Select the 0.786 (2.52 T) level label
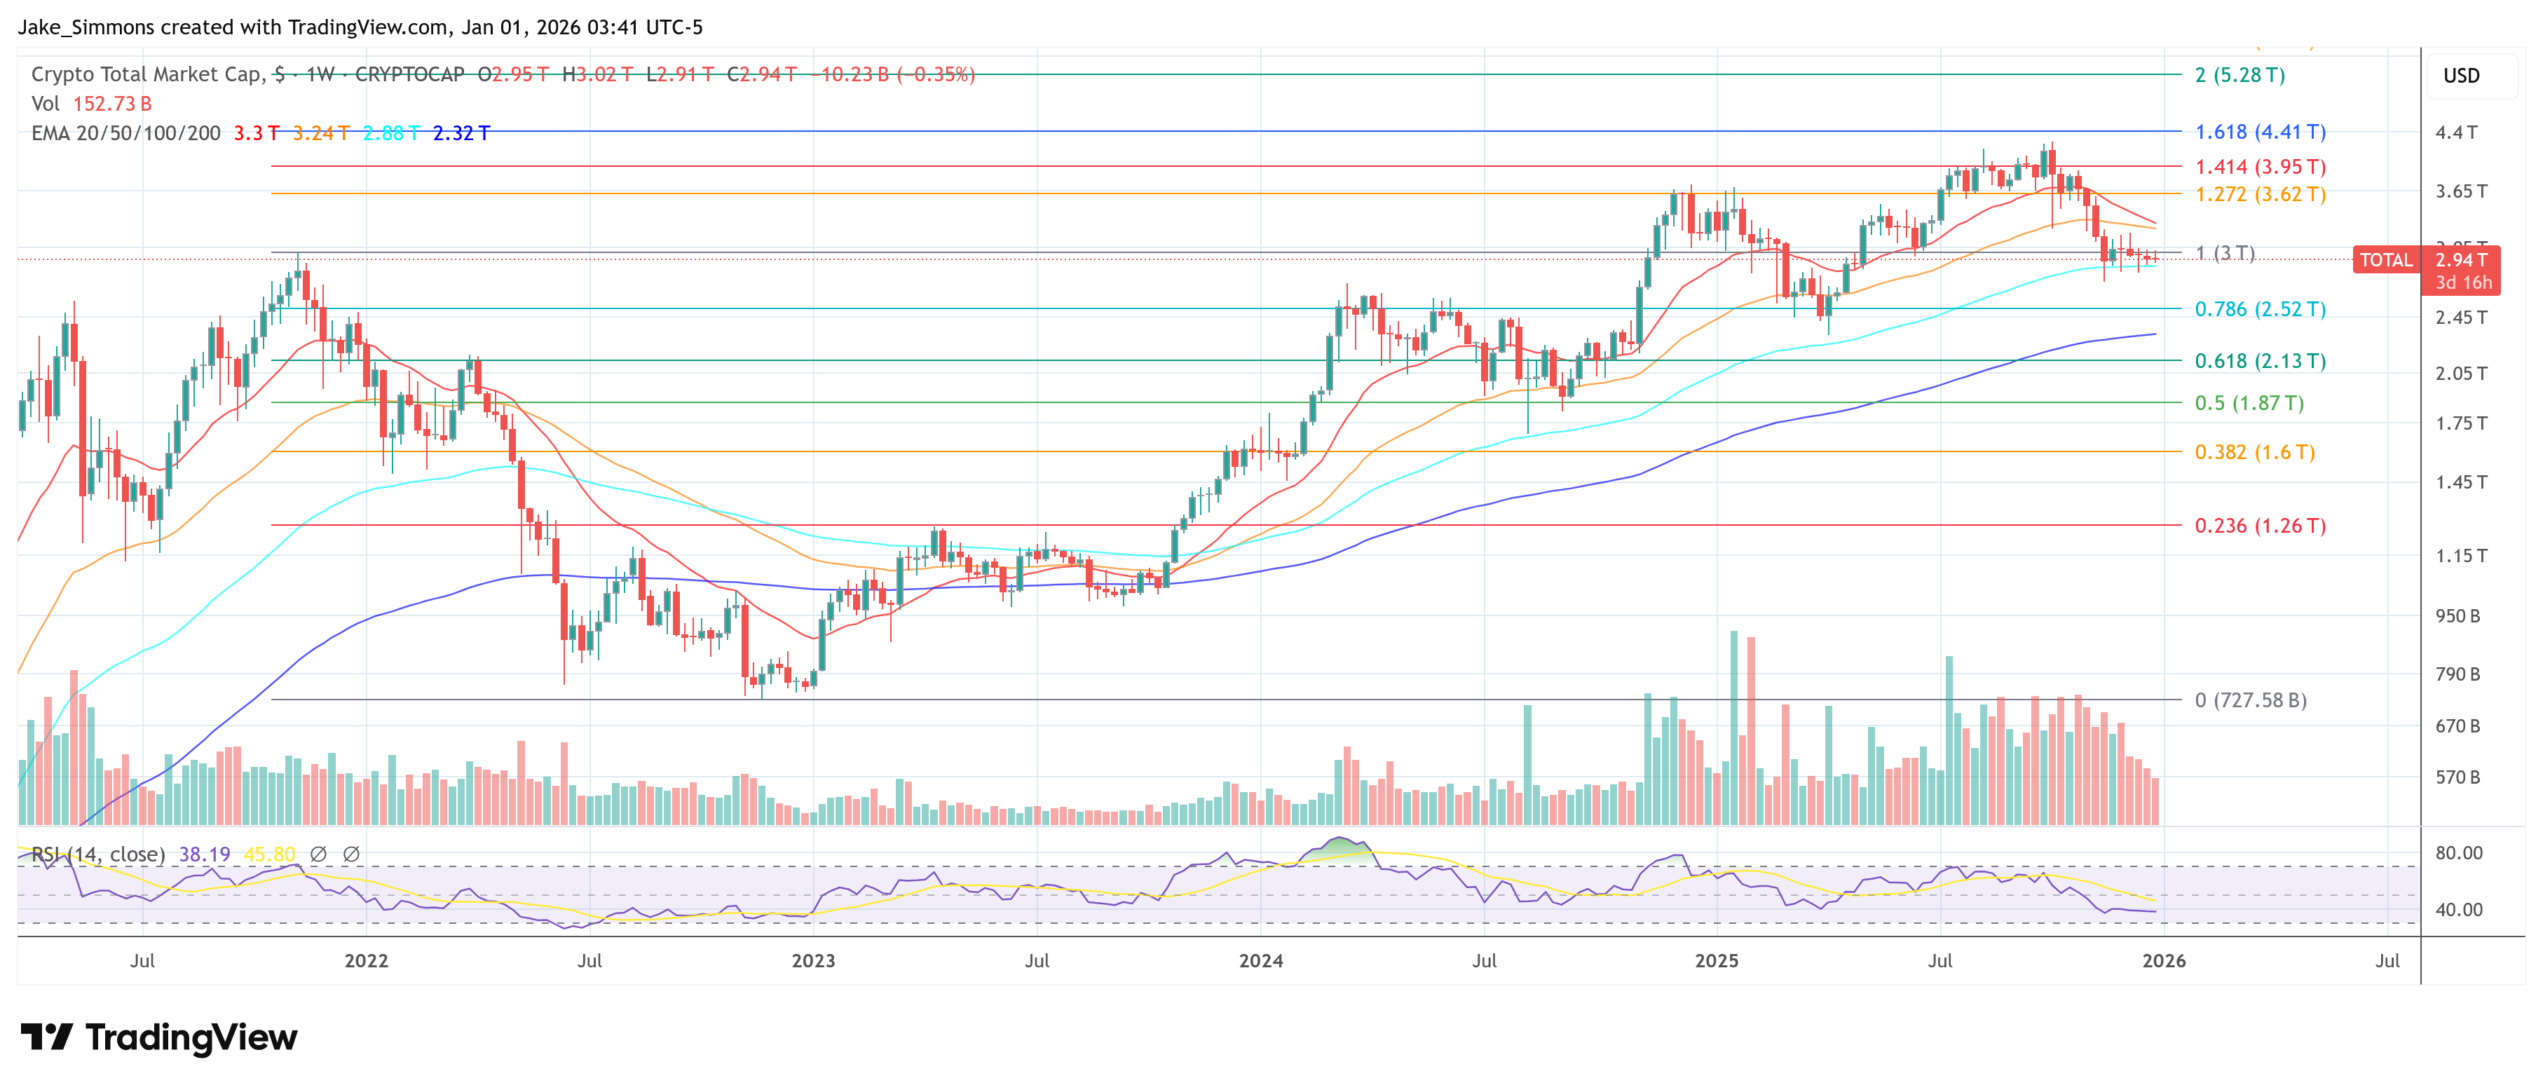pyautogui.click(x=2260, y=309)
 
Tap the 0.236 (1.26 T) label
pyautogui.click(x=2260, y=525)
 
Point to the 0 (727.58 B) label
pyautogui.click(x=2250, y=700)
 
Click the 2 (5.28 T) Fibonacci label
pyautogui.click(x=2239, y=75)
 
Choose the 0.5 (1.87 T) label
pyautogui.click(x=2249, y=403)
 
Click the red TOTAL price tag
pyautogui.click(x=2385, y=259)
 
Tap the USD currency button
pyautogui.click(x=2460, y=76)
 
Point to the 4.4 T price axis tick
pyautogui.click(x=2455, y=132)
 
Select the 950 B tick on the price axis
pyautogui.click(x=2456, y=616)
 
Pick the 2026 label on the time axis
pyautogui.click(x=2163, y=960)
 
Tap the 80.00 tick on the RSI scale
pyautogui.click(x=2458, y=853)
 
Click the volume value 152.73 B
pyautogui.click(x=111, y=104)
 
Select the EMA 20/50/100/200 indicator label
pyautogui.click(x=125, y=133)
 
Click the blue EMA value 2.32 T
pyautogui.click(x=461, y=133)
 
